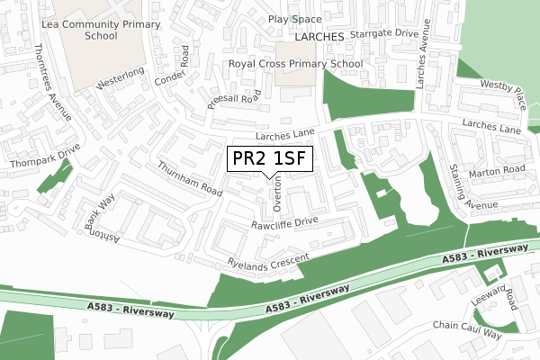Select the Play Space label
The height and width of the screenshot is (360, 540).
tap(294, 19)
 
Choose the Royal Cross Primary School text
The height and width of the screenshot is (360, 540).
tap(296, 64)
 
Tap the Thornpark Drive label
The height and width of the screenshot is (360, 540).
tap(45, 156)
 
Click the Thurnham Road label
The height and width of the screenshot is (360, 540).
tap(189, 179)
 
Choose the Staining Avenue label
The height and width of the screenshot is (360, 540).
tap(464, 185)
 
